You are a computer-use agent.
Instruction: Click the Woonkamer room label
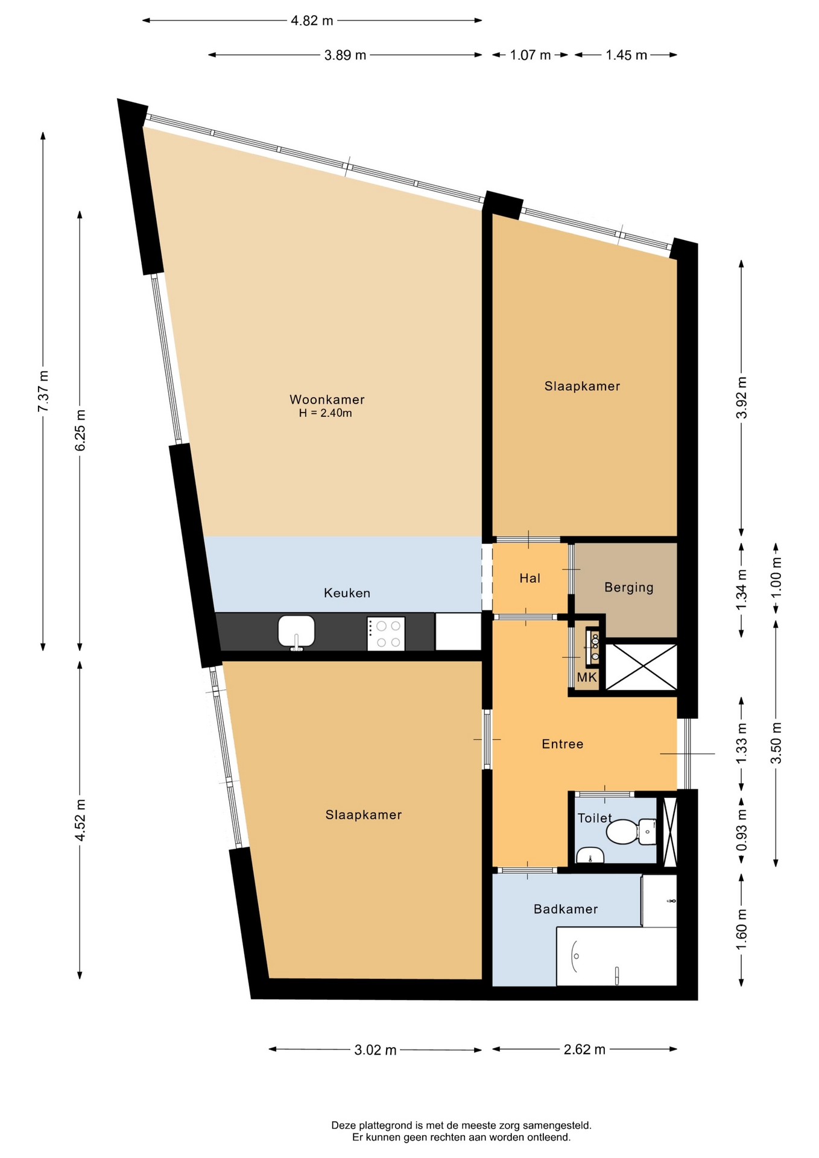point(327,399)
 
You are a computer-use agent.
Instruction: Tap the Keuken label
point(347,593)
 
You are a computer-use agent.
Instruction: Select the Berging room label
point(628,587)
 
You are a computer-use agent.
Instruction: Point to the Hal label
point(530,578)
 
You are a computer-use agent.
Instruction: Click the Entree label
point(562,744)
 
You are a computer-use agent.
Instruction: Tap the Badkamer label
point(566,909)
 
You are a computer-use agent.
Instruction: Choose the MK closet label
point(587,677)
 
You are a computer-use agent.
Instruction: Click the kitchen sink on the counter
point(296,632)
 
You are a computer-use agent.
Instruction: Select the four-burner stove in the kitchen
point(386,634)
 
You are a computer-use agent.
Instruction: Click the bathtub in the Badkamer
point(616,957)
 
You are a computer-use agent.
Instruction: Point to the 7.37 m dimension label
point(43,391)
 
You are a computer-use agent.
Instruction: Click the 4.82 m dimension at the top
point(312,21)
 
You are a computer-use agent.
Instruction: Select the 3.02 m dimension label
point(375,1050)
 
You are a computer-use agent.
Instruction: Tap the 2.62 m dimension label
point(584,1049)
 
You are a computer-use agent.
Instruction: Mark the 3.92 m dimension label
point(742,397)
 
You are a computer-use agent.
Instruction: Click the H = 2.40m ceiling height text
point(325,413)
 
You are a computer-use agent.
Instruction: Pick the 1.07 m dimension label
point(530,55)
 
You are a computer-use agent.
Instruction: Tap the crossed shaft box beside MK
point(641,666)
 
